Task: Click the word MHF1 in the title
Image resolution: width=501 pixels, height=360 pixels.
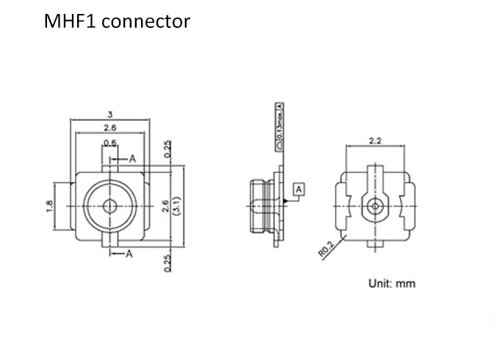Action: point(70,21)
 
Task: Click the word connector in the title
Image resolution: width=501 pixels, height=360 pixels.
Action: point(145,22)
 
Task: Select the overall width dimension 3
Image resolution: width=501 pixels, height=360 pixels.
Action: point(109,114)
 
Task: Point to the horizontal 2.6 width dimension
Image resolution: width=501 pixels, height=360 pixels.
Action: point(109,129)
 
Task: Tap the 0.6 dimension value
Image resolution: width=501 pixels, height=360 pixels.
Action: point(109,143)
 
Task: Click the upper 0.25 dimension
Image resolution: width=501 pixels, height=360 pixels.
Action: point(168,148)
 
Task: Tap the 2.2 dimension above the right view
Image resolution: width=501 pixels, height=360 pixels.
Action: point(375,141)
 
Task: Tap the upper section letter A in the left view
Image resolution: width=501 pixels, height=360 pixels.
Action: point(132,158)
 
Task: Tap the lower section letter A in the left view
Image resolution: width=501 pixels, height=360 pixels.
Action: point(128,254)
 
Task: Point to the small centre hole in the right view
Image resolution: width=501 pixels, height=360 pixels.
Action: point(375,206)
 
